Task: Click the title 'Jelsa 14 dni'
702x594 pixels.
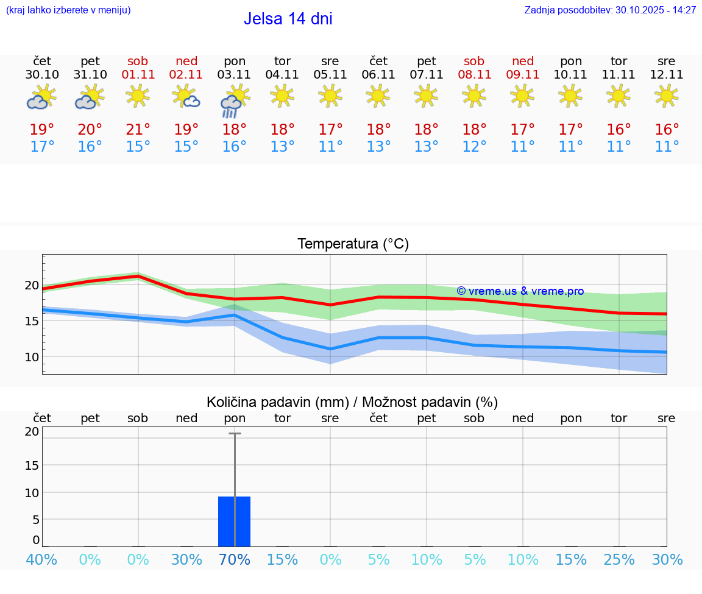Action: (x=288, y=19)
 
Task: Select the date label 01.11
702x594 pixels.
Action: (x=138, y=75)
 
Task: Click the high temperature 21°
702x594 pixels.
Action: (x=138, y=130)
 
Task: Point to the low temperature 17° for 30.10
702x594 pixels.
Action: (x=42, y=147)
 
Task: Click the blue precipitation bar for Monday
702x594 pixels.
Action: (x=235, y=522)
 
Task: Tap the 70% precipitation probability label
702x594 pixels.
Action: (x=235, y=559)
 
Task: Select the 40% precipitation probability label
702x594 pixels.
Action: (x=42, y=559)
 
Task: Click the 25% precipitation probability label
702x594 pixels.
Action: (x=619, y=559)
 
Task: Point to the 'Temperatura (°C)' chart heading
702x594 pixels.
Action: (x=353, y=244)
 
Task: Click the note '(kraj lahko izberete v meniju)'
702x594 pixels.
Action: (x=68, y=10)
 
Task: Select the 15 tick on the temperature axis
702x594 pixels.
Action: (x=32, y=321)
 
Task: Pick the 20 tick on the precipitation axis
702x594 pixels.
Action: (x=32, y=431)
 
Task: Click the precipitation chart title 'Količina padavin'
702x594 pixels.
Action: (x=352, y=402)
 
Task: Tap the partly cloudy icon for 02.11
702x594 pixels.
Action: (x=186, y=97)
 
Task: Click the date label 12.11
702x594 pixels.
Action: (x=667, y=75)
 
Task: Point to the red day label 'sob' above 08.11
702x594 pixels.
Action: (x=474, y=62)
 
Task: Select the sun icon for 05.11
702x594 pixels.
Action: (x=330, y=96)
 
